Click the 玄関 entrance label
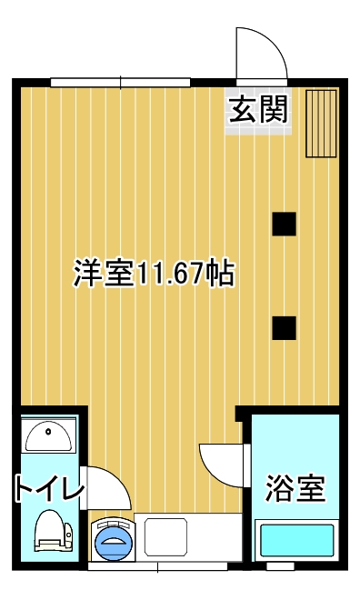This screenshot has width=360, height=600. coord(258,109)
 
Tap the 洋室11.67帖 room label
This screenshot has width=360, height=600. coord(154,274)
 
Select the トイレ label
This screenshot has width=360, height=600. coord(49,487)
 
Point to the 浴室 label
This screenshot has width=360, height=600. coord(295,488)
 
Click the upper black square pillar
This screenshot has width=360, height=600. coord(284,224)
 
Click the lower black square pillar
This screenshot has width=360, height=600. coord(284,328)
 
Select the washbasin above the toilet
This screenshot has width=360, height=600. coord(48,435)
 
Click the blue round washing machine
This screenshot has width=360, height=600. coord(114,539)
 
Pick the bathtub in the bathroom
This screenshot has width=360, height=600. coord(297,540)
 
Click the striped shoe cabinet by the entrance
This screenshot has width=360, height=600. coord(321,124)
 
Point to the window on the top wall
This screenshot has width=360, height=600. coord(121,82)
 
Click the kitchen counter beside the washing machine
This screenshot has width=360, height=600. coord(188,537)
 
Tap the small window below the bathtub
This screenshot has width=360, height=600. coord(280,566)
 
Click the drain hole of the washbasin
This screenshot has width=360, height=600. coord(48,432)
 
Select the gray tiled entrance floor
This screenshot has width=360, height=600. coord(258,111)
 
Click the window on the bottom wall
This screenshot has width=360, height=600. coord(157,566)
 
